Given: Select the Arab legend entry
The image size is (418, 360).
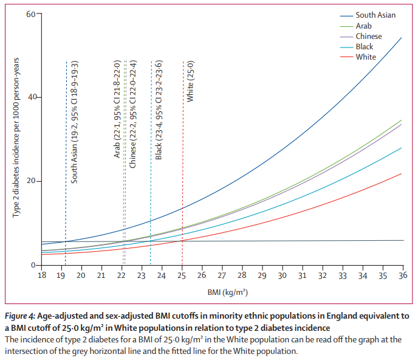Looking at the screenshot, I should pyautogui.click(x=363, y=26).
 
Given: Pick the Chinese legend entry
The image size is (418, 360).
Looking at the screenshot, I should pyautogui.click(x=369, y=36).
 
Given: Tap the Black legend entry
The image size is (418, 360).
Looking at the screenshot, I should pyautogui.click(x=365, y=47).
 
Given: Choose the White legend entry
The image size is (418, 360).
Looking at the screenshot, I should pyautogui.click(x=366, y=57).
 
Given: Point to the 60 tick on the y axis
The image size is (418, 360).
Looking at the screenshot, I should pyautogui.click(x=31, y=13).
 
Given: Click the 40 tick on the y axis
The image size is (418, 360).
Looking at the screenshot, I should pyautogui.click(x=31, y=97).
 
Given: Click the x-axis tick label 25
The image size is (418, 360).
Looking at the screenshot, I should pyautogui.click(x=182, y=275).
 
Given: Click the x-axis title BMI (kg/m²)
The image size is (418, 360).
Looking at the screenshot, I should pyautogui.click(x=222, y=292).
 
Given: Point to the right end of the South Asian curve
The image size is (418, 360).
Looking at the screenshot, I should pyautogui.click(x=402, y=38).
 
